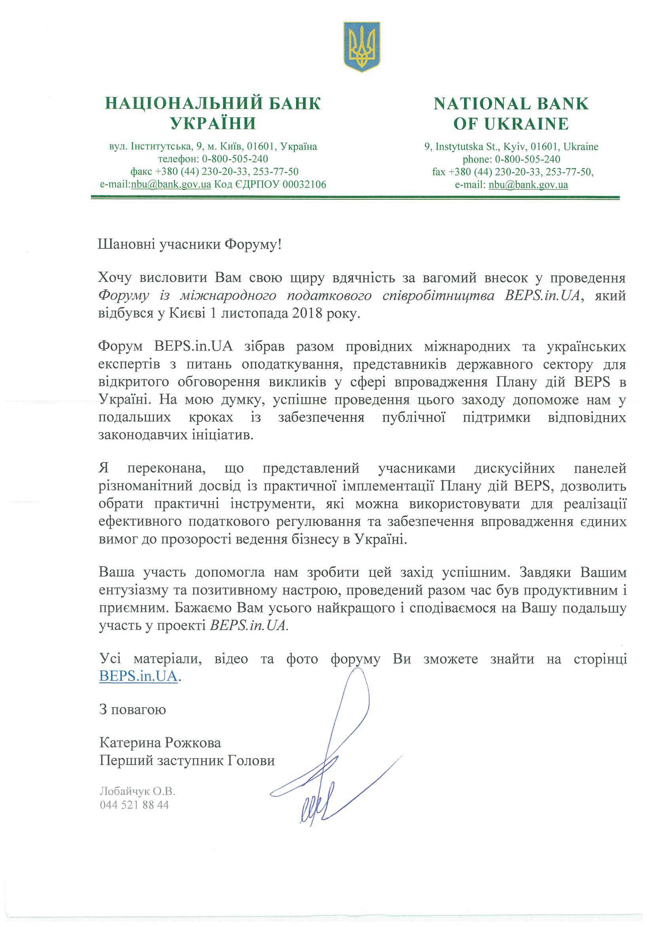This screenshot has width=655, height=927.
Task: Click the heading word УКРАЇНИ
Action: (x=213, y=124)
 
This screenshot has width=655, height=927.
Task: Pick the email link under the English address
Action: (x=528, y=185)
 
